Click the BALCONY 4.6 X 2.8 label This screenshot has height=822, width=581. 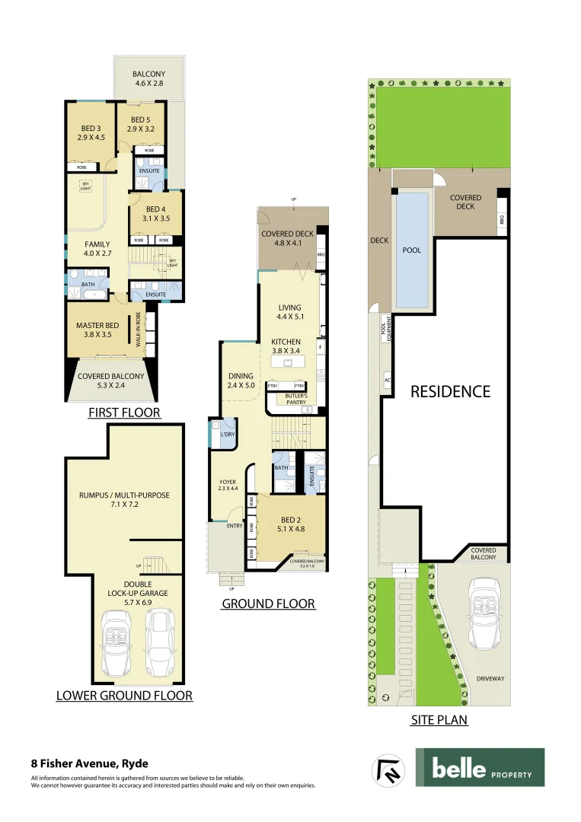149,79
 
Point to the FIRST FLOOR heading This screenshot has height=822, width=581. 124,413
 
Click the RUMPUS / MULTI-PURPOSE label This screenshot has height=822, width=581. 124,500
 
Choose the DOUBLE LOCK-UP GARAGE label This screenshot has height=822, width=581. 137,592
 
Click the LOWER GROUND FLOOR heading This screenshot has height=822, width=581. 124,696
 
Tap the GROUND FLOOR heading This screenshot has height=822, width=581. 268,604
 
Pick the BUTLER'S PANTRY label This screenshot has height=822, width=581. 295,399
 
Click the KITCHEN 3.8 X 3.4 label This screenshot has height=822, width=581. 286,347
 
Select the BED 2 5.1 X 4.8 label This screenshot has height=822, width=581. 290,524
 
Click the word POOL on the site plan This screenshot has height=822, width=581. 412,250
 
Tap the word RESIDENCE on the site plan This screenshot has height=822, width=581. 451,392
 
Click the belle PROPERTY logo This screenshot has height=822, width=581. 480,767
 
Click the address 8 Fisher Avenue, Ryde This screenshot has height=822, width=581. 89,763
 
